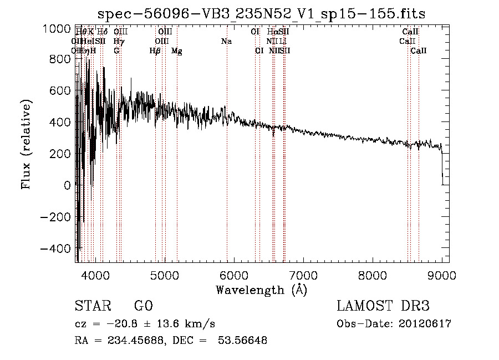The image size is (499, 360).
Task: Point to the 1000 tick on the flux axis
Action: (57, 29)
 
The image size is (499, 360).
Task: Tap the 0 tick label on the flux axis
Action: (67, 186)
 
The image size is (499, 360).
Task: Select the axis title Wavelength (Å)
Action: (261, 290)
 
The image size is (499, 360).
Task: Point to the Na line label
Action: (226, 42)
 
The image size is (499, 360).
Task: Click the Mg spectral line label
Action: (177, 51)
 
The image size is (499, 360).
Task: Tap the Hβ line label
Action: (155, 51)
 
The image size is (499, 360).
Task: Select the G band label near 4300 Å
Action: (116, 51)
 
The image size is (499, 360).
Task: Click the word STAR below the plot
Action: (91, 307)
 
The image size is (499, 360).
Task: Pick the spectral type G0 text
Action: (144, 307)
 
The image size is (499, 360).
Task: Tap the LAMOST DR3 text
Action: (383, 307)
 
